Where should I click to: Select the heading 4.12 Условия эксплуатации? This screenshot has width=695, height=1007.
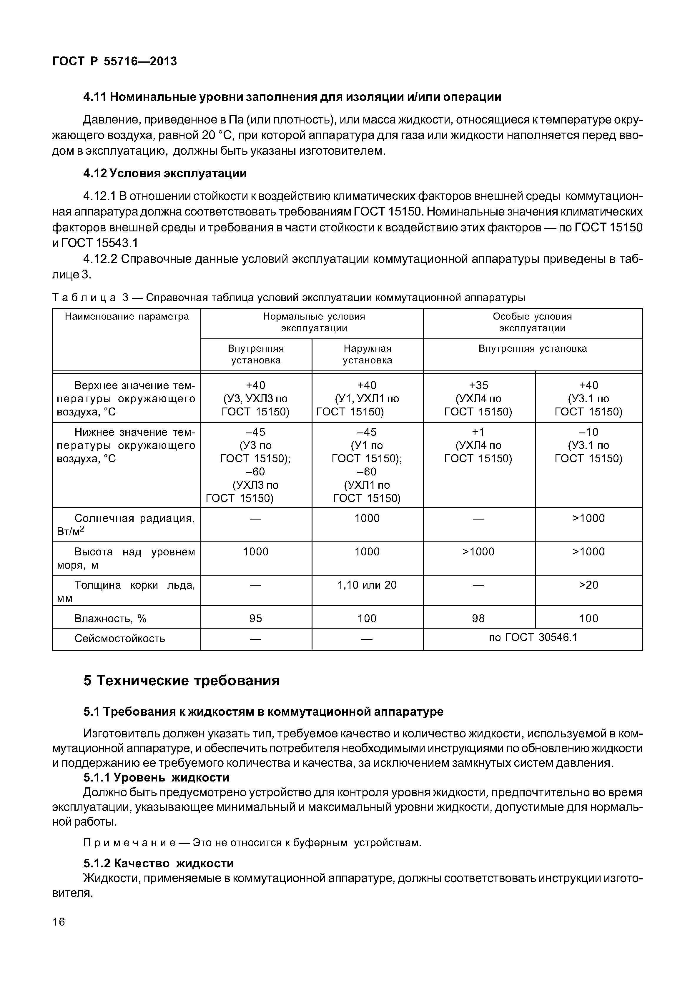click(165, 173)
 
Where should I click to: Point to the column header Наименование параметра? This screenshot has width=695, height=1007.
click(127, 316)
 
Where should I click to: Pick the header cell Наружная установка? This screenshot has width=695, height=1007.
click(367, 354)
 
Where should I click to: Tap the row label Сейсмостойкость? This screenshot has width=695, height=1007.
click(120, 638)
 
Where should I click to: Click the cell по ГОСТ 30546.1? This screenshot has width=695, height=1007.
click(533, 637)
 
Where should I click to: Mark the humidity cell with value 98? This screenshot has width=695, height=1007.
click(478, 618)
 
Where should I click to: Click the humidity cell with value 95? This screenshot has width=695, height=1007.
click(256, 618)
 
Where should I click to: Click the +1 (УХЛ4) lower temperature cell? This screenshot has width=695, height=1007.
click(478, 445)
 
